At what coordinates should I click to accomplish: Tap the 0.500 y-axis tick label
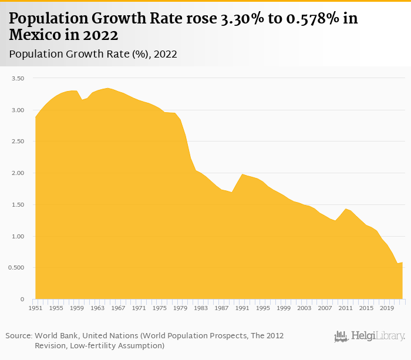point(15,268)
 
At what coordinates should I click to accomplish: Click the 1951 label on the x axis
point(35,308)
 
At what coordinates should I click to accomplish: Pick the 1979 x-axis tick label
point(180,308)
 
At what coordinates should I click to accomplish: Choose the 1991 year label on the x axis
point(242,308)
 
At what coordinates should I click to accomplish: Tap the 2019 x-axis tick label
point(387,308)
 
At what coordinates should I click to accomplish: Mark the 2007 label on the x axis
point(325,308)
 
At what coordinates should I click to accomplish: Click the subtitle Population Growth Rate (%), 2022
point(93,55)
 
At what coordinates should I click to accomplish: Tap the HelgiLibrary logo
point(369,336)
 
